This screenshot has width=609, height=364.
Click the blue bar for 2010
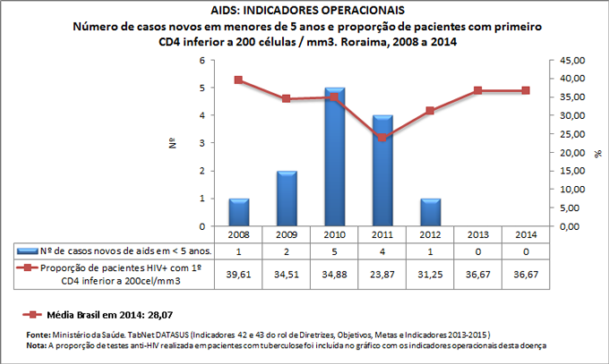(335, 157)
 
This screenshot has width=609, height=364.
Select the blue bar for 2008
(238, 213)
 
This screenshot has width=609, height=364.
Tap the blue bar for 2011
(382, 171)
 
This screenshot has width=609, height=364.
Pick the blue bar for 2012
(431, 213)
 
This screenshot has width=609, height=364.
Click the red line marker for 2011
(382, 138)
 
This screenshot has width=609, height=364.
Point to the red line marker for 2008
(238, 80)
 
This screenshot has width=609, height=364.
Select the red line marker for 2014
(526, 90)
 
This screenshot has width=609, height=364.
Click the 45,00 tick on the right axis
(570, 60)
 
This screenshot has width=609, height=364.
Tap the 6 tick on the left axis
(202, 60)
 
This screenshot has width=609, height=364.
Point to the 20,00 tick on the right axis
(570, 152)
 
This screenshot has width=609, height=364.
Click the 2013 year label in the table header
(478, 233)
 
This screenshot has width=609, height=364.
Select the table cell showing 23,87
(382, 272)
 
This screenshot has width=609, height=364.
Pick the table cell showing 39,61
(238, 272)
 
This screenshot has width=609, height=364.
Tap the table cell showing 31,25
(431, 272)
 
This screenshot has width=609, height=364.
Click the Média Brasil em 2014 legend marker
(35, 315)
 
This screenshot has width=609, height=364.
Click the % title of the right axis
(597, 153)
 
